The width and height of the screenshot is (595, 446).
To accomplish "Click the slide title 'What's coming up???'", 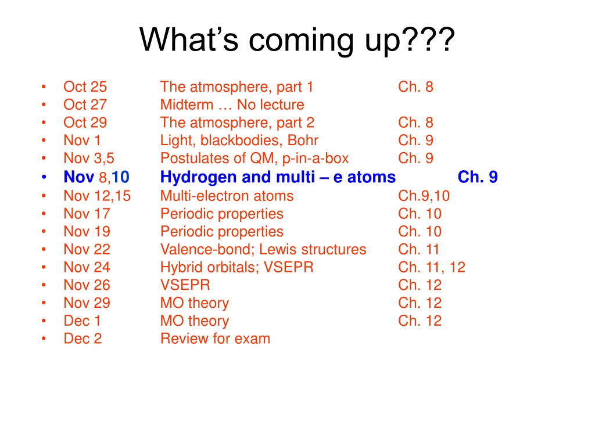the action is click(x=297, y=40).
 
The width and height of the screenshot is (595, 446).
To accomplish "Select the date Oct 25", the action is click(x=85, y=87).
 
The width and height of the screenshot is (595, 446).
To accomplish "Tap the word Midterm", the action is click(x=187, y=105).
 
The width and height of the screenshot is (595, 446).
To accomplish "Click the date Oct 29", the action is click(x=85, y=123).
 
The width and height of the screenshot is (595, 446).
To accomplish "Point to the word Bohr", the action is click(x=303, y=141).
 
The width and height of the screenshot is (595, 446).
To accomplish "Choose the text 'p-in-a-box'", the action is click(x=316, y=159).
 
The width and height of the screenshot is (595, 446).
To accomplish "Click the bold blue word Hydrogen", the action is click(x=199, y=177).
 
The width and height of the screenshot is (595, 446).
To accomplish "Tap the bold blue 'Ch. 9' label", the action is click(x=478, y=177).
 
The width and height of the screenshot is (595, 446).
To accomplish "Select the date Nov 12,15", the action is click(x=97, y=196).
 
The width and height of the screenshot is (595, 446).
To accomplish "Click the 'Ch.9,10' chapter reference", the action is click(x=424, y=196).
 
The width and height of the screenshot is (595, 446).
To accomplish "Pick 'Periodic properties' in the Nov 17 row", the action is click(x=222, y=214).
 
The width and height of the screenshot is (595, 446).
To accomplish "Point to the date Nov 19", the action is click(x=87, y=232).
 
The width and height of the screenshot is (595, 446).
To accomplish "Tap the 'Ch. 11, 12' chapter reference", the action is click(x=432, y=267).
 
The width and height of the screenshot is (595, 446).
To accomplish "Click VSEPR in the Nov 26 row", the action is click(x=185, y=285).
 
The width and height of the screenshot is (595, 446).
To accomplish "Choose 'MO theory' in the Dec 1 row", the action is click(x=195, y=321).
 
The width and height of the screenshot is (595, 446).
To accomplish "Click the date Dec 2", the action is click(x=83, y=339).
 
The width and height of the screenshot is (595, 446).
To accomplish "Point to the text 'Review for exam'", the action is click(x=215, y=339).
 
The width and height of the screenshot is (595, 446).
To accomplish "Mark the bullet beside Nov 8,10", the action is click(x=44, y=177).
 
